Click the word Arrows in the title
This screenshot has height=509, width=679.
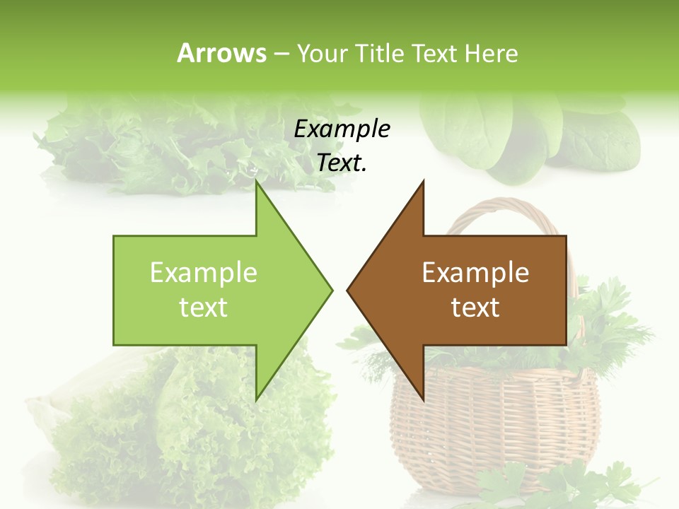[222, 53]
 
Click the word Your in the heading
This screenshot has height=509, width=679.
[323, 53]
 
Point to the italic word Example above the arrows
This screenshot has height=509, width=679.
[342, 129]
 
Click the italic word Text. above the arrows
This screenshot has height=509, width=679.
[342, 163]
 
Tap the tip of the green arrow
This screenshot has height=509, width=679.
[330, 290]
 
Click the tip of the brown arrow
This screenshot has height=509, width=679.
[349, 290]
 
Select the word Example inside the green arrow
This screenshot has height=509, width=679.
[204, 273]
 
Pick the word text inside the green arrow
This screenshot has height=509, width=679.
[204, 308]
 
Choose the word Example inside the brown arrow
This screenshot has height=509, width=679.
[475, 273]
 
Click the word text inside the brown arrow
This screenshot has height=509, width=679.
[475, 308]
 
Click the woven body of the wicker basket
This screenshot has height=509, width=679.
[495, 424]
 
